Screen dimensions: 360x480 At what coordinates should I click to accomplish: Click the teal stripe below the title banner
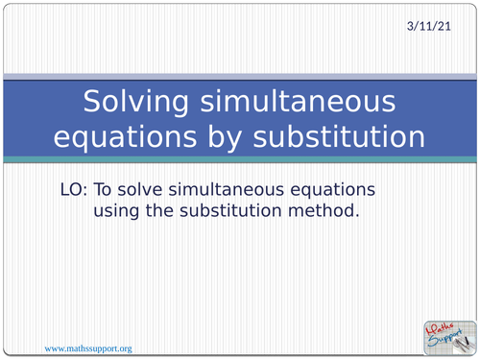(x=240, y=158)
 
